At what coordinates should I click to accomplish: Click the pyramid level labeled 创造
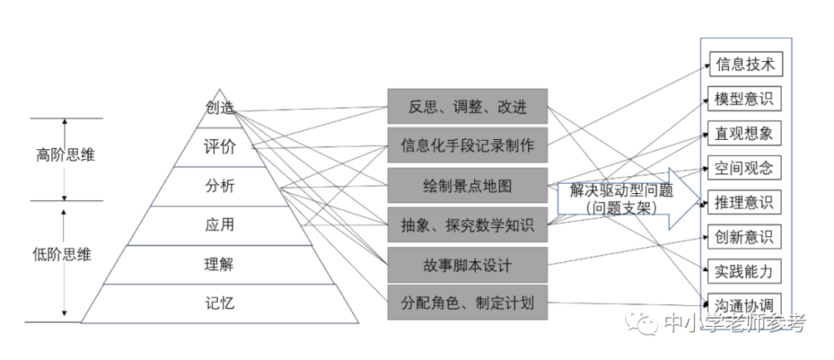pyautogui.click(x=219, y=107)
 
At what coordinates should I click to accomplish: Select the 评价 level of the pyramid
pyautogui.click(x=219, y=147)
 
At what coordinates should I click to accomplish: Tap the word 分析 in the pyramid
pyautogui.click(x=219, y=186)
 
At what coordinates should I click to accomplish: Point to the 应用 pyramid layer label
pyautogui.click(x=219, y=225)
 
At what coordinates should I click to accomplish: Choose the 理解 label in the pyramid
pyautogui.click(x=219, y=264)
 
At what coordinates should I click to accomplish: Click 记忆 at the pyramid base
pyautogui.click(x=219, y=304)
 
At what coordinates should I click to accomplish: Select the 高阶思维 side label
pyautogui.click(x=66, y=155)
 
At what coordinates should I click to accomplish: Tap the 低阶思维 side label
pyautogui.click(x=62, y=255)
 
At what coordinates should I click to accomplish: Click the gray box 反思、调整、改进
pyautogui.click(x=467, y=107)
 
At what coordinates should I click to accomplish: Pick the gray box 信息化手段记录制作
pyautogui.click(x=467, y=145)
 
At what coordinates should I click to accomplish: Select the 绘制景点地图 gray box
pyautogui.click(x=467, y=185)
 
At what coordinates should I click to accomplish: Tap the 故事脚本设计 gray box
pyautogui.click(x=467, y=265)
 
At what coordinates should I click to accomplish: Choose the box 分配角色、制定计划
pyautogui.click(x=467, y=303)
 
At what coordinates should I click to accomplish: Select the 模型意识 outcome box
pyautogui.click(x=744, y=98)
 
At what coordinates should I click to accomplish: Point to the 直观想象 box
pyautogui.click(x=744, y=133)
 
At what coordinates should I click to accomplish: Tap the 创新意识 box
pyautogui.click(x=744, y=236)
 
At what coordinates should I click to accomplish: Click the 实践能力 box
pyautogui.click(x=744, y=272)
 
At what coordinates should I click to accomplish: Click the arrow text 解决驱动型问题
pyautogui.click(x=622, y=191)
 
